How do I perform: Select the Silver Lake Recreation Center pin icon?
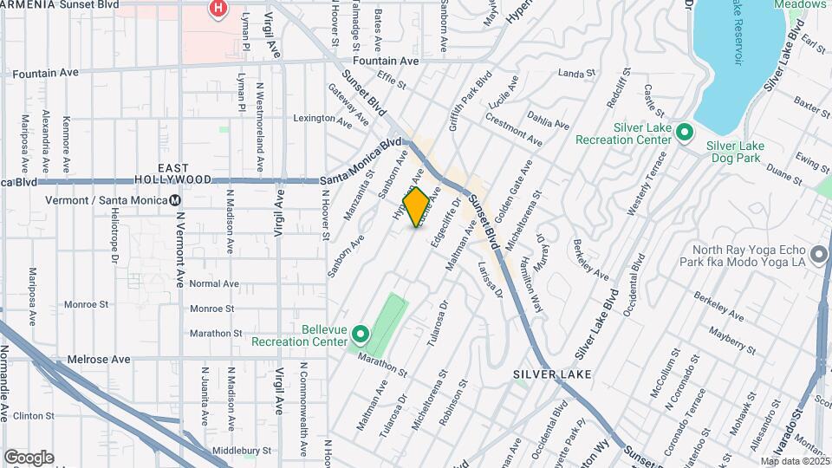click(684, 133)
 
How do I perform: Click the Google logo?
click(29, 458)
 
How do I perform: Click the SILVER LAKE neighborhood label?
click(551, 374)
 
